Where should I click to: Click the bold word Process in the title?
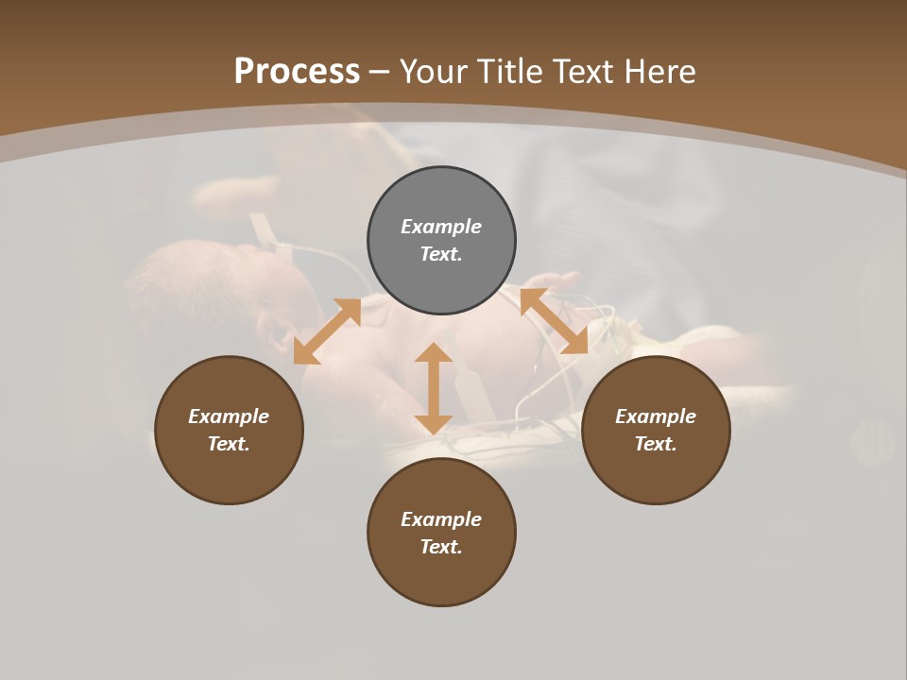pyautogui.click(x=297, y=72)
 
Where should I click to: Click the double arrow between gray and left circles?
pyautogui.click(x=327, y=331)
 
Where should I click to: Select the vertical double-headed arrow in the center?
pyautogui.click(x=434, y=388)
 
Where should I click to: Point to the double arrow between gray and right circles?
pyautogui.click(x=554, y=321)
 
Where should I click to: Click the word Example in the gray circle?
pyautogui.click(x=441, y=227)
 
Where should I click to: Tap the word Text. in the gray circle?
pyautogui.click(x=441, y=254)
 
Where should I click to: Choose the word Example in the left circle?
pyautogui.click(x=229, y=416)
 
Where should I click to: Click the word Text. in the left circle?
pyautogui.click(x=229, y=444)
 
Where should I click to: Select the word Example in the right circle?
pyautogui.click(x=656, y=416)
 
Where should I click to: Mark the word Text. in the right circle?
pyautogui.click(x=656, y=444)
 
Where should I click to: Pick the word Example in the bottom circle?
pyautogui.click(x=441, y=519)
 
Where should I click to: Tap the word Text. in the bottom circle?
pyautogui.click(x=441, y=547)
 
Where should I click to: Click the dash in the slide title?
pyautogui.click(x=380, y=73)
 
